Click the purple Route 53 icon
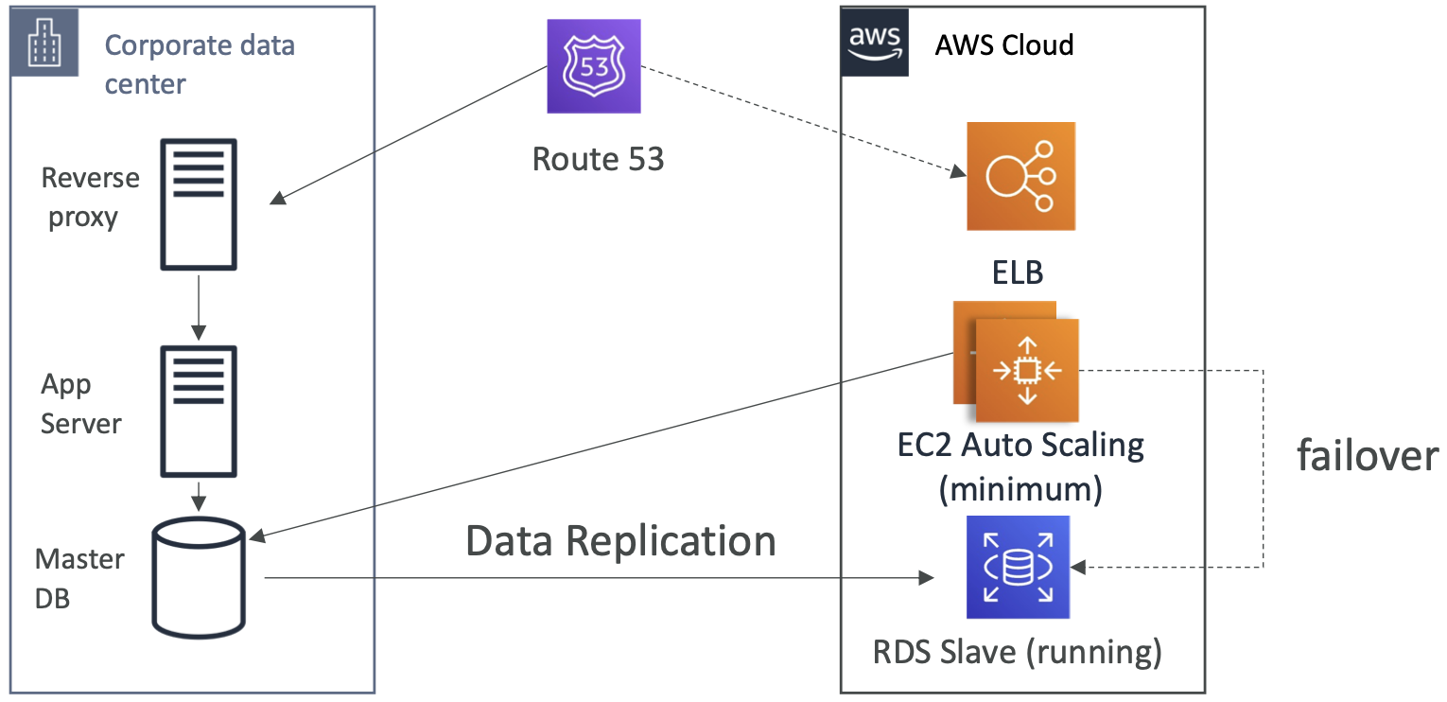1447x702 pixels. (594, 67)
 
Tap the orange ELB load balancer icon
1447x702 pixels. (1020, 176)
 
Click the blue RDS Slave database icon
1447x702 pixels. (1017, 567)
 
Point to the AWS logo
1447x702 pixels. (875, 43)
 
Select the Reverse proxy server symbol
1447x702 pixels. (199, 204)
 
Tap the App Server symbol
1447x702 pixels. (199, 411)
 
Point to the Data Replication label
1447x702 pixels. (620, 541)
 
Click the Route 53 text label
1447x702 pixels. (598, 159)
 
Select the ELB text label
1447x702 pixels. (1017, 273)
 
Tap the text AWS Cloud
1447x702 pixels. (1003, 44)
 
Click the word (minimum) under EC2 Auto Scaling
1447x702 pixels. (1020, 489)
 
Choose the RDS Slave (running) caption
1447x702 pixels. (1018, 652)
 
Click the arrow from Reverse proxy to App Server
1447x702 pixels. (199, 307)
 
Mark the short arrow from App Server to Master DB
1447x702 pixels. (199, 494)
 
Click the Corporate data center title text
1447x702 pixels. (199, 63)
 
